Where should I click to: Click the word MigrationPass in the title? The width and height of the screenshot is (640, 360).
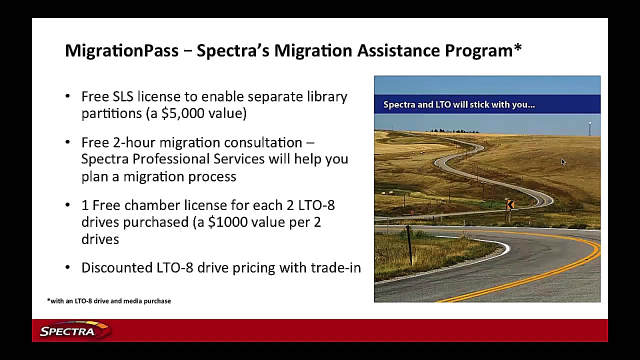point(121,51)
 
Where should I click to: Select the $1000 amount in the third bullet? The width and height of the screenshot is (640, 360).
point(227,222)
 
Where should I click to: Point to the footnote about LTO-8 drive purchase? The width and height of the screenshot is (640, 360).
point(109,301)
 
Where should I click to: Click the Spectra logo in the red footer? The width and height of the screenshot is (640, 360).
point(74,330)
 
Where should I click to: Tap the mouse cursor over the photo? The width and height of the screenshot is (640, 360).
point(563,162)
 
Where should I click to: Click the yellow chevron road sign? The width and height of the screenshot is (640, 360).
point(510,204)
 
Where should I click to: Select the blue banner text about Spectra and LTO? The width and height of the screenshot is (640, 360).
point(459,104)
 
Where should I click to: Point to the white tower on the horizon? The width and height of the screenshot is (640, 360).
point(589,128)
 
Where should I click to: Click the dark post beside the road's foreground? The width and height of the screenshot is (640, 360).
point(409,245)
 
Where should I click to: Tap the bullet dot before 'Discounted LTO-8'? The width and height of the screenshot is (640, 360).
point(67,267)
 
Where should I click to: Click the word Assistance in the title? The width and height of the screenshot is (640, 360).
point(398,50)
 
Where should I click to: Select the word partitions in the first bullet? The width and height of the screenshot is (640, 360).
point(111,113)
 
